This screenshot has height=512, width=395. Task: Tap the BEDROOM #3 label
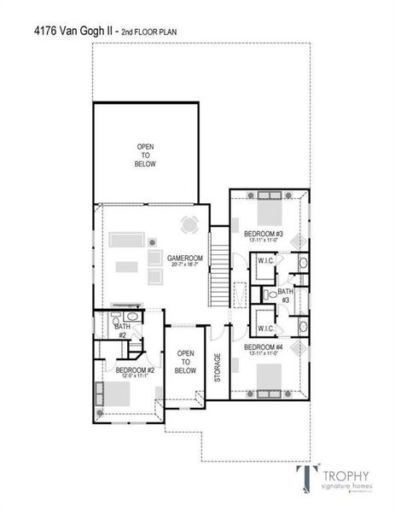pos(262,233)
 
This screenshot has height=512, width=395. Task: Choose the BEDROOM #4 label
pos(262,347)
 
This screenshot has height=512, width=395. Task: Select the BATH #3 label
pos(286,295)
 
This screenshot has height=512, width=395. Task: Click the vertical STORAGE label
pos(218,367)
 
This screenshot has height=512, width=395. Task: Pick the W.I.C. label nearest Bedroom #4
pos(264,328)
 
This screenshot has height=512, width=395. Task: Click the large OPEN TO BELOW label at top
pos(145,155)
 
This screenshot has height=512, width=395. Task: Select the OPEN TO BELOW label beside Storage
pos(185,362)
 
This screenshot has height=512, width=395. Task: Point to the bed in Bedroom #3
pos(268,210)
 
